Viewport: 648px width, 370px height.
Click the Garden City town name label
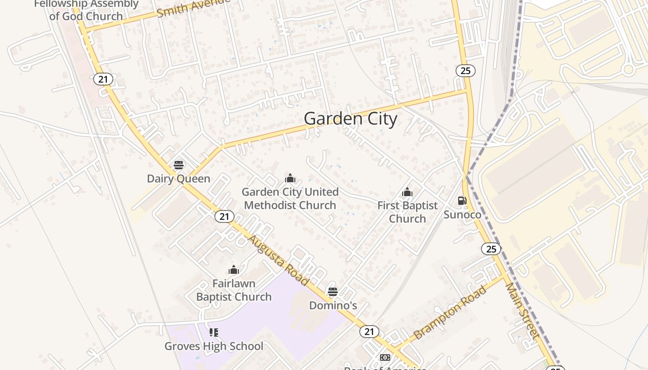click(x=350, y=119)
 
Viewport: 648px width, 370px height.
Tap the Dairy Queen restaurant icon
click(x=179, y=165)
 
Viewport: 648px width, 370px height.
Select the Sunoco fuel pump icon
click(x=462, y=201)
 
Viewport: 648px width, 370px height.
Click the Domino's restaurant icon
click(x=333, y=292)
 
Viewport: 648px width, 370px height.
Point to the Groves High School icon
click(x=213, y=332)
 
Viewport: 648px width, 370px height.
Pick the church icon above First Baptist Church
click(x=407, y=192)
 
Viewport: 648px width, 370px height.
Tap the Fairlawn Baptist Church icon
click(x=234, y=270)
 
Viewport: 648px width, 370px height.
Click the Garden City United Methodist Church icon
click(x=290, y=178)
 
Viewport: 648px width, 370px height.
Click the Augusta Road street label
click(x=278, y=260)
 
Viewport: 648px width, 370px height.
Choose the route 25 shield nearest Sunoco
click(x=491, y=249)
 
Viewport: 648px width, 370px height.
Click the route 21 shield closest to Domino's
click(x=369, y=331)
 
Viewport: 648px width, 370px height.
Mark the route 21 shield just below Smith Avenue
click(x=103, y=79)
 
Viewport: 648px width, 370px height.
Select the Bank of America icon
click(x=385, y=358)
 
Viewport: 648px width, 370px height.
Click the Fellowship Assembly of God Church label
click(x=86, y=10)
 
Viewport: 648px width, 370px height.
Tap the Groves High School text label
click(x=214, y=346)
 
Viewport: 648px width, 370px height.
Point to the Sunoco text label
click(x=462, y=215)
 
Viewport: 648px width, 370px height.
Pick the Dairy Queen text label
click(x=179, y=179)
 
